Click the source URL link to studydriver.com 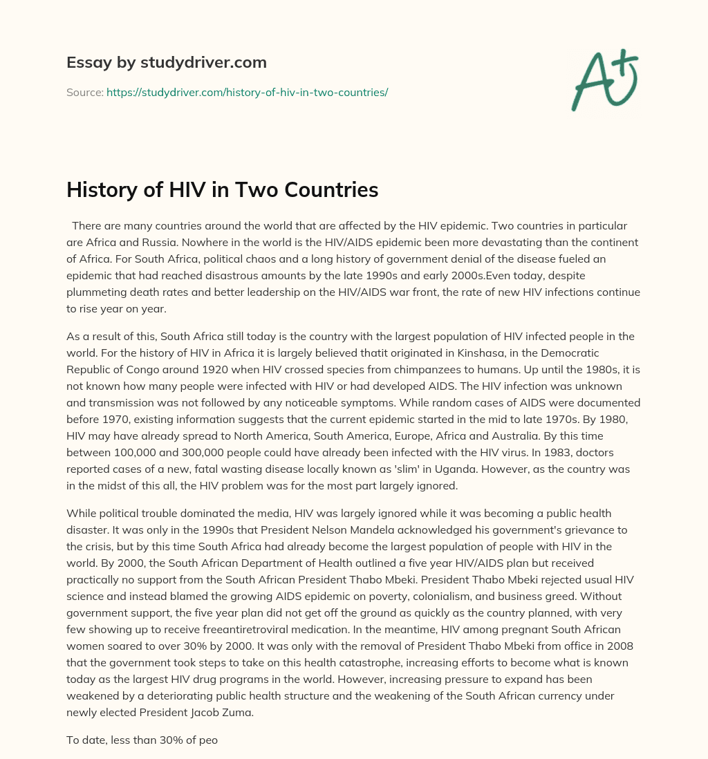tap(247, 92)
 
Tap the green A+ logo tap(604, 79)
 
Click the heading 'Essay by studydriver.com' tap(167, 62)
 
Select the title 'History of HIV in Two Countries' tap(222, 189)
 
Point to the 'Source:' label tap(84, 92)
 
